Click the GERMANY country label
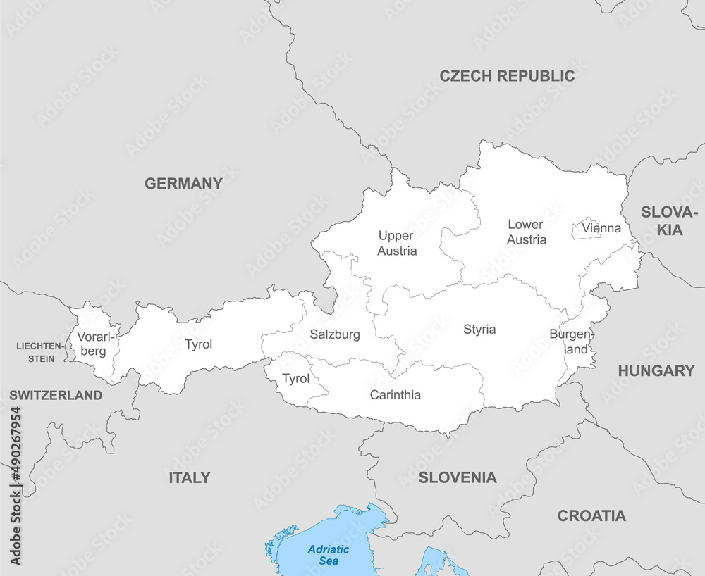tap(183, 184)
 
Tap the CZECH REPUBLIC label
tap(507, 76)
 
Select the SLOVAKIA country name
tap(669, 221)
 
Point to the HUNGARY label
tap(656, 371)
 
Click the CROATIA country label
tap(591, 516)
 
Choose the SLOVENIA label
tap(458, 478)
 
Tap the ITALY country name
tap(189, 478)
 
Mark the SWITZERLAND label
tap(56, 396)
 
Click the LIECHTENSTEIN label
tap(36, 352)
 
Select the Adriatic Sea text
tap(329, 555)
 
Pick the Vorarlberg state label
tap(92, 344)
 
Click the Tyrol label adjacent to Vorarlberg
tap(198, 344)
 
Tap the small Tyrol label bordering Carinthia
tap(295, 379)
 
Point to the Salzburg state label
tap(335, 334)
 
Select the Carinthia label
tap(396, 395)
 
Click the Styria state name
tap(479, 330)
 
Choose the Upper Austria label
tap(397, 243)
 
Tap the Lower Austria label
tap(526, 232)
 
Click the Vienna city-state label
tap(601, 228)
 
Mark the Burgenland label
tap(571, 342)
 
